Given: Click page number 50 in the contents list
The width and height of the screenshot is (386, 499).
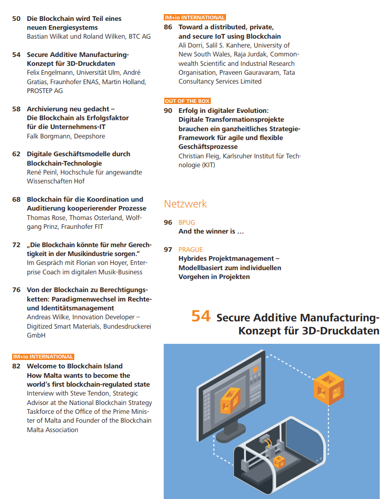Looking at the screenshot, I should pyautogui.click(x=16, y=19).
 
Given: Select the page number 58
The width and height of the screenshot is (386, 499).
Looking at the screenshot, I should pyautogui.click(x=16, y=109).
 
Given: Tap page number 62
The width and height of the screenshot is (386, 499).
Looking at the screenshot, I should pyautogui.click(x=16, y=154).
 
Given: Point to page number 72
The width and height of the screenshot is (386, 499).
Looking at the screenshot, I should pyautogui.click(x=16, y=245).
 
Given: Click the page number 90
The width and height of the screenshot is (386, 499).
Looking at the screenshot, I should pyautogui.click(x=168, y=111).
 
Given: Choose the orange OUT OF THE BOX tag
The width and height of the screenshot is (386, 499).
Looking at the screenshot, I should pyautogui.click(x=187, y=101).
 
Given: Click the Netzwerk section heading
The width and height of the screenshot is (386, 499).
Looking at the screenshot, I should pyautogui.click(x=185, y=204).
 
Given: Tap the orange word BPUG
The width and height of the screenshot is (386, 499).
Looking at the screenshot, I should pyautogui.click(x=187, y=223).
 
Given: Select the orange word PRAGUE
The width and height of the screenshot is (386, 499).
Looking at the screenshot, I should pyautogui.click(x=190, y=250).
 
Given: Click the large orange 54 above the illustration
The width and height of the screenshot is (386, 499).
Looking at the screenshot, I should pyautogui.click(x=201, y=317).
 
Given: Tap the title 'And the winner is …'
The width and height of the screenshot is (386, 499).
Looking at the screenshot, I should pyautogui.click(x=211, y=231).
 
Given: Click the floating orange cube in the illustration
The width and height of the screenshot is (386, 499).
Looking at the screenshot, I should pyautogui.click(x=328, y=387).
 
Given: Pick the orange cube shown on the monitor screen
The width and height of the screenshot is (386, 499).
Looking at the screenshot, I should pyautogui.click(x=230, y=400).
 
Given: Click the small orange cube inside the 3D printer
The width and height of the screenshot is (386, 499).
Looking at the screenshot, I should pyautogui.click(x=278, y=461).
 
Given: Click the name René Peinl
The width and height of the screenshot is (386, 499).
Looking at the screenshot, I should pyautogui.click(x=42, y=172).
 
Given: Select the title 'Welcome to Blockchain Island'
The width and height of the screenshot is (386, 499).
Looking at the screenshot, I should pyautogui.click(x=74, y=366).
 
